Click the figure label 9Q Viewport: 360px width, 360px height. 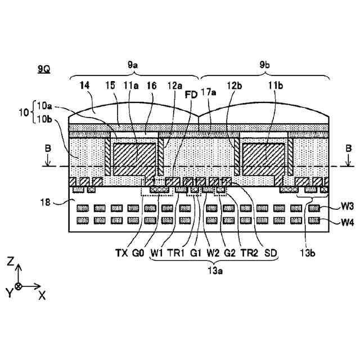[x=43, y=69]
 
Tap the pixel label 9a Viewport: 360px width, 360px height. [x=133, y=66]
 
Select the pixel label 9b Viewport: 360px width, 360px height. [x=264, y=66]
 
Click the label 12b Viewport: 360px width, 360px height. [x=235, y=85]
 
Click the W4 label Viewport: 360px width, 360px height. [x=346, y=222]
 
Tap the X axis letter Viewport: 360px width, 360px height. [x=42, y=295]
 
